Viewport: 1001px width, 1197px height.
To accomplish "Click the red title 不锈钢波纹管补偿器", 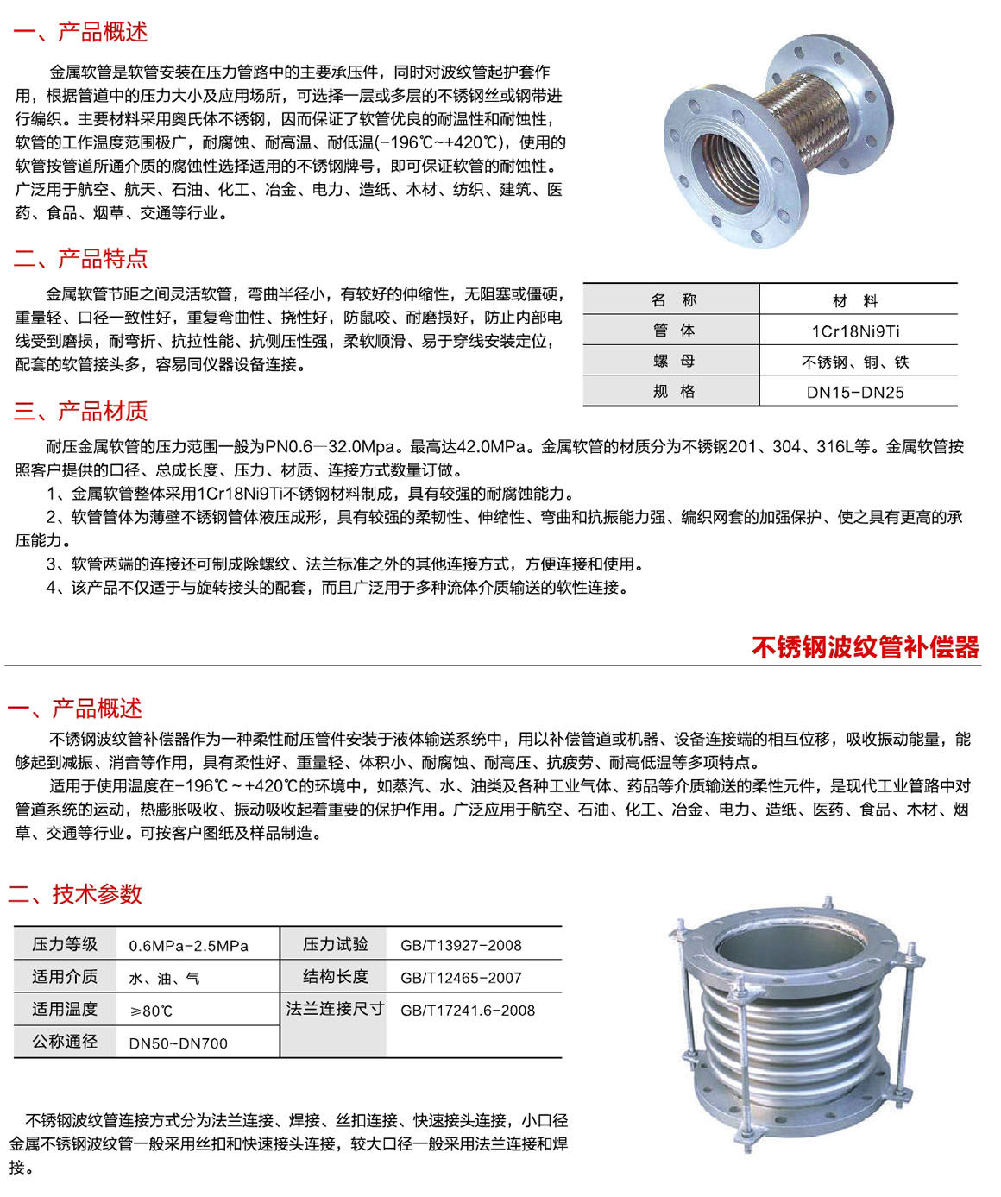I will click(865, 646).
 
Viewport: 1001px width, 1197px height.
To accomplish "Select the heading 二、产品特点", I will click(80, 258).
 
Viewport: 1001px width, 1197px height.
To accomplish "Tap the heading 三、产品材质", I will click(80, 411).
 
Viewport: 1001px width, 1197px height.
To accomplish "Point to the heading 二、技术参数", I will click(74, 894).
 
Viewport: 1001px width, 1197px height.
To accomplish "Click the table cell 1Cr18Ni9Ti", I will click(855, 331).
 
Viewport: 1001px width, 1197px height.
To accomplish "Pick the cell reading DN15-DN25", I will click(855, 393).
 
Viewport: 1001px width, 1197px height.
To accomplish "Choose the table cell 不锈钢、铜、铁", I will click(855, 362).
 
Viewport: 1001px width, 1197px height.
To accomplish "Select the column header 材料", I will click(855, 301).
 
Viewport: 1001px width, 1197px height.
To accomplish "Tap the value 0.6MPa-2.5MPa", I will click(188, 946).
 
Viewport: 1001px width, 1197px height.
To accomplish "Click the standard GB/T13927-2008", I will click(461, 946).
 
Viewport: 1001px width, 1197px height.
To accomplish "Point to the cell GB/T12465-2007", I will click(461, 978).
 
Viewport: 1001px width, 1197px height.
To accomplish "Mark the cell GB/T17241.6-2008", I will click(467, 1011).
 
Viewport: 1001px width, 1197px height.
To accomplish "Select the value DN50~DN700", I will click(178, 1043).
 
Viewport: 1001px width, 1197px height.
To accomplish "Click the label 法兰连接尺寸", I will click(335, 1009).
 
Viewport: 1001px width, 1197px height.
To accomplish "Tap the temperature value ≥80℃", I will click(151, 1011).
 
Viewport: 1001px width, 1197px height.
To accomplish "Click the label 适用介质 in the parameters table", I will click(65, 977).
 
